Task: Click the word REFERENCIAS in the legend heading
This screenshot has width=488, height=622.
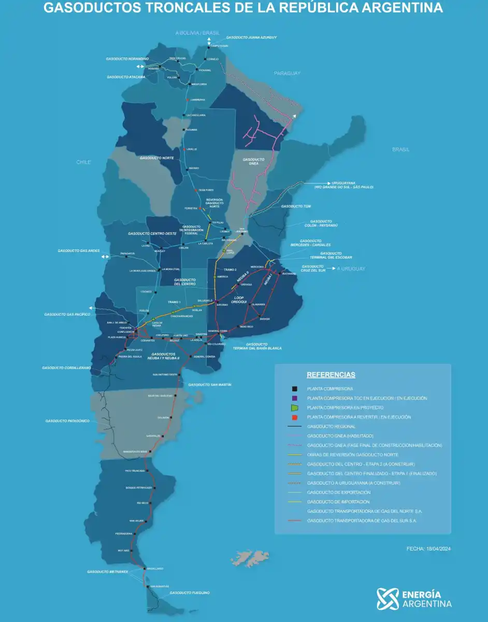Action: pos(331,375)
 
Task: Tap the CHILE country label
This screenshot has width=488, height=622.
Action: pos(83,162)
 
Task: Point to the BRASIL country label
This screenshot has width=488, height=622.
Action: pos(400,149)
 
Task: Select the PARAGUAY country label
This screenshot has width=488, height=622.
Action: pos(287,74)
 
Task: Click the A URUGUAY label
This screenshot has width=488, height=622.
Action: pos(351,268)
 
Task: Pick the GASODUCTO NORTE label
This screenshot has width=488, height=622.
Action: pos(157,157)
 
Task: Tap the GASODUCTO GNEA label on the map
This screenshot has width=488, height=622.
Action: pos(253,161)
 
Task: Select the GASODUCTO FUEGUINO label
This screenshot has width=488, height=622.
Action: pos(190,592)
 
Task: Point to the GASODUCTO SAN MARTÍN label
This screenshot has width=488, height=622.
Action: pos(210,385)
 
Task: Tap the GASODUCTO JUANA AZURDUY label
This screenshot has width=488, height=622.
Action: pos(251,37)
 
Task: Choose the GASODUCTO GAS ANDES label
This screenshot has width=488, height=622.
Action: pos(79,251)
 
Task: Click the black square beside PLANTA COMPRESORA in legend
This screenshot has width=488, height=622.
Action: pos(294,388)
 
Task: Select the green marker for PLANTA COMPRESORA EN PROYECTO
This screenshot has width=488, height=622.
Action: pos(294,407)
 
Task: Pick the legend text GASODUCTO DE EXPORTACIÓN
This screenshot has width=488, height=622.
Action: pos(339,492)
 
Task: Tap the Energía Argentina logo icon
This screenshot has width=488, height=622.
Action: pos(388,599)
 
